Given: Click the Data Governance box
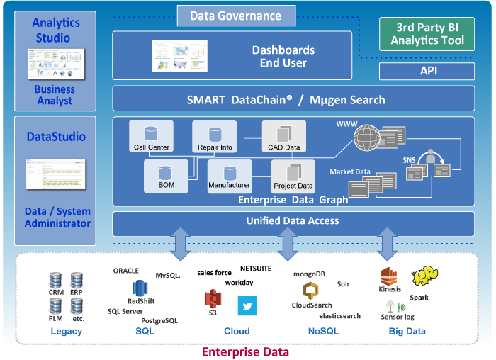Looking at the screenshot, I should (235, 16).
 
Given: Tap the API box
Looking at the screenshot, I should (427, 71).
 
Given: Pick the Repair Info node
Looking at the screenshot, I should (214, 137).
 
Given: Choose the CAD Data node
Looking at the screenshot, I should (283, 137).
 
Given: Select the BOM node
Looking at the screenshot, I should (165, 176).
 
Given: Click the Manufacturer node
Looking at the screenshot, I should (229, 176).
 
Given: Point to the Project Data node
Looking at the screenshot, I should (293, 176).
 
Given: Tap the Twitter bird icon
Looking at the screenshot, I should (247, 305).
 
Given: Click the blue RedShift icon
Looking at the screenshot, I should (140, 288).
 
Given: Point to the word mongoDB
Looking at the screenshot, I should (309, 273).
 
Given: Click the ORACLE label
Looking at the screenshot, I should (126, 271).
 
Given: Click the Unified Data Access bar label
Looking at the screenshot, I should (293, 221).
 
